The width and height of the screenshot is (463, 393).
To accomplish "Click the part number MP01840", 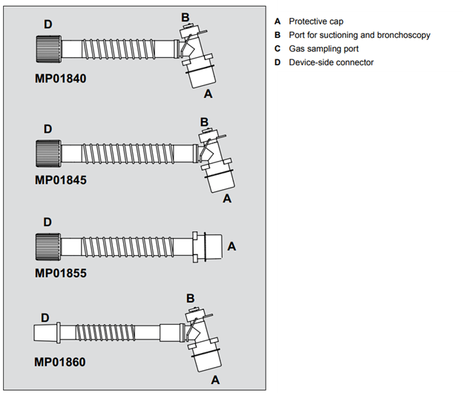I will click(x=60, y=76).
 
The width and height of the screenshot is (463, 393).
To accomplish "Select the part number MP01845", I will click(x=60, y=179).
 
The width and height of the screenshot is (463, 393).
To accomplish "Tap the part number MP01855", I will click(x=60, y=273).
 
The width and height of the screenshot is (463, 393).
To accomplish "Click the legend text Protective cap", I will click(x=315, y=22).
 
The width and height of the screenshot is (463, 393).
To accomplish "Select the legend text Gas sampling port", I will click(x=324, y=48).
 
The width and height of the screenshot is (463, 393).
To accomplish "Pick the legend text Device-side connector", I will click(x=331, y=62).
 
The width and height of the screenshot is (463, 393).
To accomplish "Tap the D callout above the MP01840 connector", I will click(x=47, y=24).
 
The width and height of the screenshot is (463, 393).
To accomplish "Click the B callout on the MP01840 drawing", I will click(x=185, y=17).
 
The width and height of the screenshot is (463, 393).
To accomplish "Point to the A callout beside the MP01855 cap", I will click(x=231, y=245).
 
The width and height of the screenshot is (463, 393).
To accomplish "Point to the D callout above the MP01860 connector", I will click(x=45, y=317).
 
